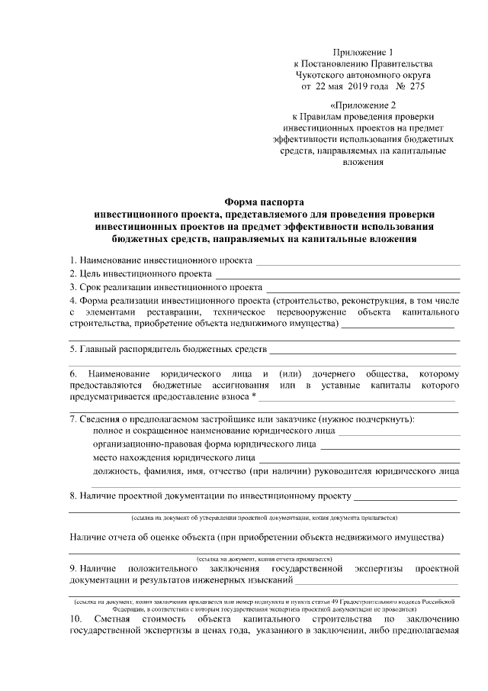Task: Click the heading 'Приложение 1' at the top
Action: (361, 47)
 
